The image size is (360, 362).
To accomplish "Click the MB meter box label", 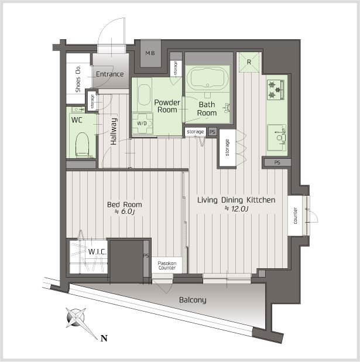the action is (150, 53).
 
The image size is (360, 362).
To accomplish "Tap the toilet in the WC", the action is (83, 145).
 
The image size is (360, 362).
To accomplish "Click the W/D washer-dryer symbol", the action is (142, 124).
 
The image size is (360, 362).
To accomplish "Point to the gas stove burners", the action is (276, 90).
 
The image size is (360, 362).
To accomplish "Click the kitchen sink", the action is (277, 138).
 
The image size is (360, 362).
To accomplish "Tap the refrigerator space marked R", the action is (249, 62).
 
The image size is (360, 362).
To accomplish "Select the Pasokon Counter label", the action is (167, 265).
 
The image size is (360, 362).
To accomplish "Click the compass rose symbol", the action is (76, 317).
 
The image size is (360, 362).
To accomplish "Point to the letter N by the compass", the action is (104, 339).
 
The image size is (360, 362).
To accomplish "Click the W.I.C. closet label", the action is (97, 251).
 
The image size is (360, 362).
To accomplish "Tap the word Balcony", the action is (193, 300).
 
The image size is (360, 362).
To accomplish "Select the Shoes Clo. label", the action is (78, 78).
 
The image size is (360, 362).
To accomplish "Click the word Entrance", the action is (110, 74).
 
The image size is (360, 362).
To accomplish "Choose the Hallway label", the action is (114, 131).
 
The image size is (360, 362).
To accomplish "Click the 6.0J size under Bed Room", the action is (125, 211).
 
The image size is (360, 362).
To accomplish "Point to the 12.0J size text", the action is (236, 209).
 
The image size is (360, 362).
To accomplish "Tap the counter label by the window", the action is (295, 216).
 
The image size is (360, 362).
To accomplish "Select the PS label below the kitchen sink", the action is (277, 162).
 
